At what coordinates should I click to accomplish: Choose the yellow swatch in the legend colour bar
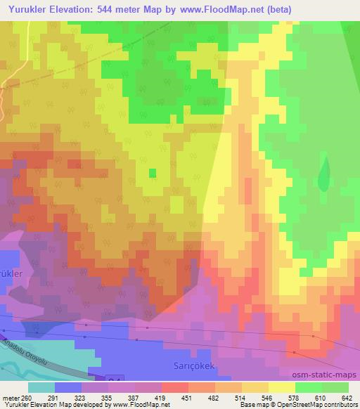pos(281,387)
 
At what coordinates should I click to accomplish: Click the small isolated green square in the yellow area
pos(152,172)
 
